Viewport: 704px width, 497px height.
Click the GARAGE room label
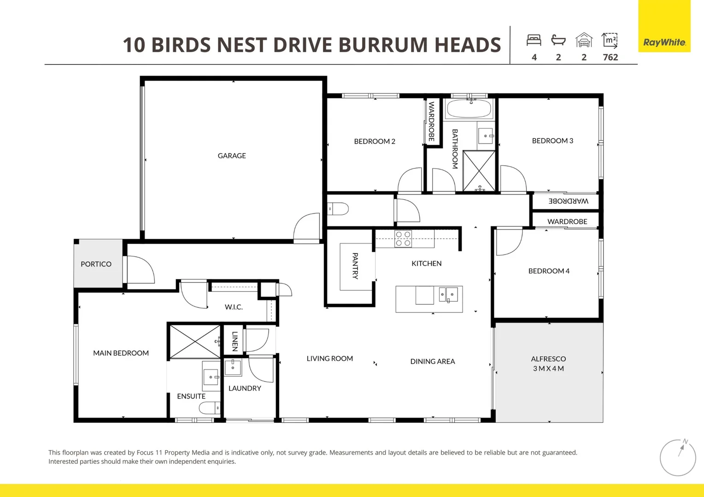pos(232,156)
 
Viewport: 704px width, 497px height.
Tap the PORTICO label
pos(96,264)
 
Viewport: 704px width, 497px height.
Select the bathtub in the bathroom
pos(469,109)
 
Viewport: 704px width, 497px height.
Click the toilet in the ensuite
pos(210,408)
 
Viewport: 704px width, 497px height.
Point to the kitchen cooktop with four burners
pos(403,239)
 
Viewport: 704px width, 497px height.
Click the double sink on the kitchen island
pos(448,295)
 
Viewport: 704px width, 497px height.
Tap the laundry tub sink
pos(233,368)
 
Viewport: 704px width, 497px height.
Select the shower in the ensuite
pos(195,341)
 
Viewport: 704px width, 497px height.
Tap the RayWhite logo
pos(664,42)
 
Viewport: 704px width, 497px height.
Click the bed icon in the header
pos(534,40)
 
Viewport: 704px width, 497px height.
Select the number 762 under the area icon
pos(610,58)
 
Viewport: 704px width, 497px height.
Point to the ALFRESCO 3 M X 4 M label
pos(548,364)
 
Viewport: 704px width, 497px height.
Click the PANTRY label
pos(355,266)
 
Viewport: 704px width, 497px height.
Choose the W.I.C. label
pos(234,307)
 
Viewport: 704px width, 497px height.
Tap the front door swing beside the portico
pos(140,270)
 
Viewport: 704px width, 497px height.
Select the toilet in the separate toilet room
pos(339,209)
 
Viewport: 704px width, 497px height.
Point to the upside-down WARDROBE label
pos(568,202)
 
